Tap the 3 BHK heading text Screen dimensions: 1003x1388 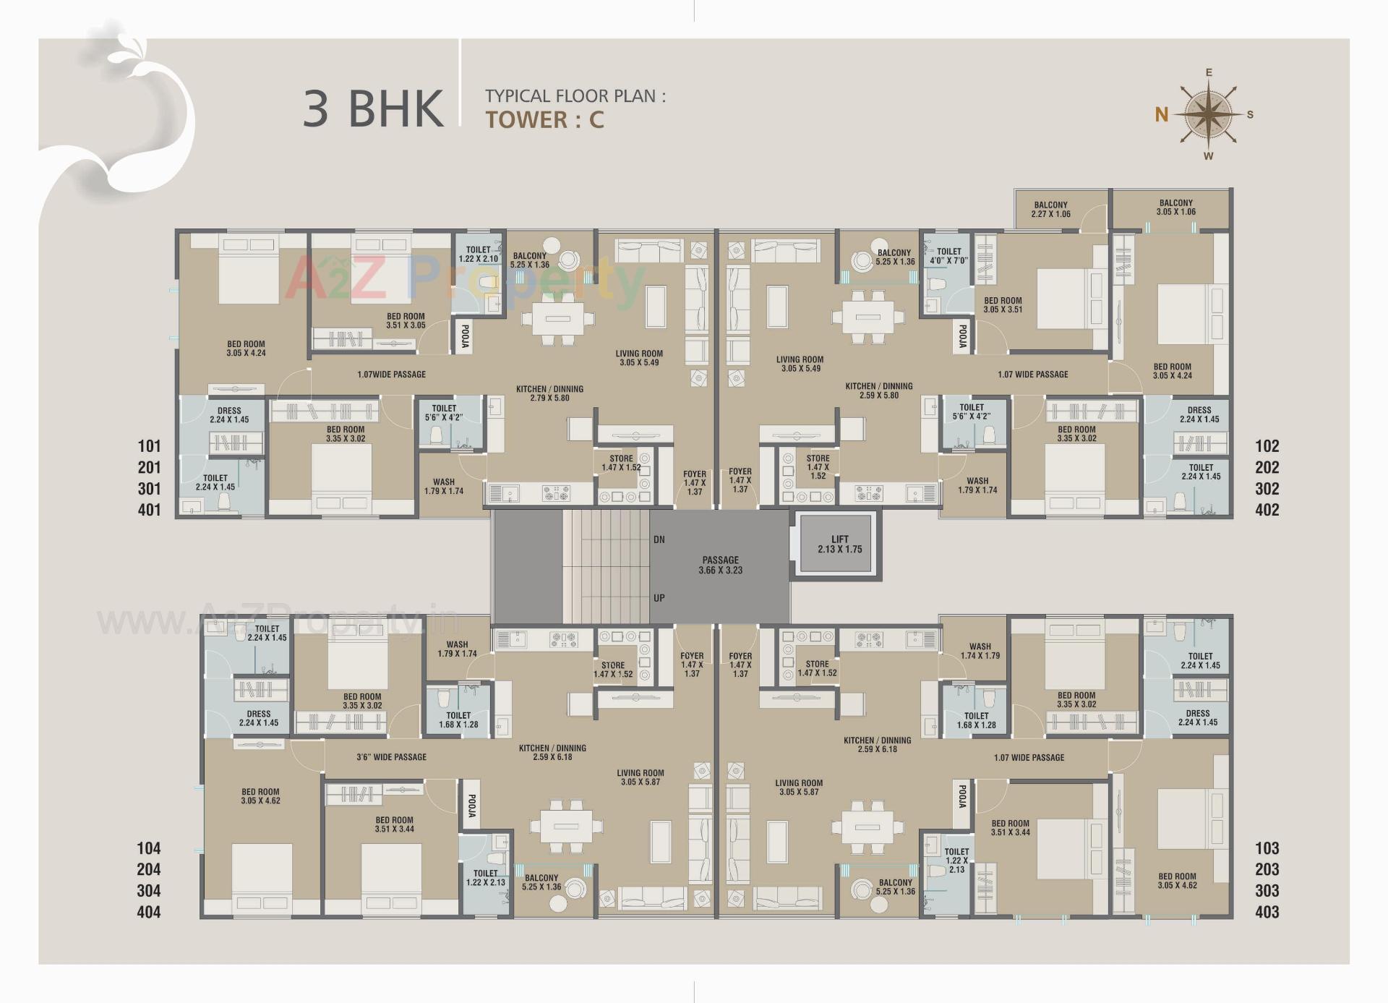point(373,108)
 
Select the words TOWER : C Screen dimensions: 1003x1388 point(544,119)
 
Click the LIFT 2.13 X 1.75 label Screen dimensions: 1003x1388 point(839,545)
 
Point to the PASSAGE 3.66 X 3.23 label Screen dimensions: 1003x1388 point(720,565)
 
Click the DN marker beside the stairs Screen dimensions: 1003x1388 point(659,539)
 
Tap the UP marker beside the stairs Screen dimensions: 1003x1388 point(659,598)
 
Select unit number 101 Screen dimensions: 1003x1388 point(150,446)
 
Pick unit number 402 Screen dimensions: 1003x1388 point(1267,510)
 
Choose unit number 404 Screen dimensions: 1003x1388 point(149,912)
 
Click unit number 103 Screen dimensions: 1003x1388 point(1267,848)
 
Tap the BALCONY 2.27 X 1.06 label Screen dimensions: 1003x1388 point(1050,210)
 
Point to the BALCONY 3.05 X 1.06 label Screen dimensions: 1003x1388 point(1175,208)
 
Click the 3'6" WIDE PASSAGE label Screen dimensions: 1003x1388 point(391,757)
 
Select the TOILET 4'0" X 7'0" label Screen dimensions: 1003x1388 point(948,256)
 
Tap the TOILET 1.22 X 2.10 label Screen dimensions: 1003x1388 point(478,254)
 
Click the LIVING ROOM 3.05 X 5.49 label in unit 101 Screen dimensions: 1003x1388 point(638,358)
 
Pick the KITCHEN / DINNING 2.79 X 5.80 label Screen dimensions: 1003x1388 point(549,393)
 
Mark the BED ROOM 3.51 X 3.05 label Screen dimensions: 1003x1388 point(406,321)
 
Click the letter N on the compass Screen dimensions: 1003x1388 point(1161,114)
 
